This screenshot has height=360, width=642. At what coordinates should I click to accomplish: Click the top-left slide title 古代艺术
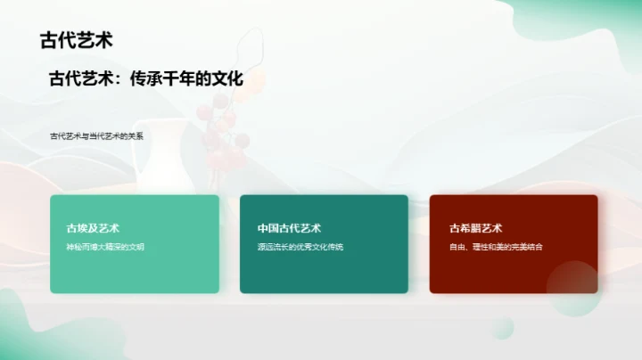pyautogui.click(x=76, y=40)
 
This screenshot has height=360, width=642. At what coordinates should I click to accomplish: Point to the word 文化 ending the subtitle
pyautogui.click(x=225, y=79)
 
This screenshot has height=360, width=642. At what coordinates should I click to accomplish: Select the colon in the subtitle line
pyautogui.click(x=122, y=80)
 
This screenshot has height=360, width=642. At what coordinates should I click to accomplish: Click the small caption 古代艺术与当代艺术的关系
pyautogui.click(x=97, y=136)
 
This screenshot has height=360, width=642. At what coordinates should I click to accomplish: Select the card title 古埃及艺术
pyautogui.click(x=93, y=228)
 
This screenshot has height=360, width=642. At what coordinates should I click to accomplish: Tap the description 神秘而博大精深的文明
pyautogui.click(x=105, y=247)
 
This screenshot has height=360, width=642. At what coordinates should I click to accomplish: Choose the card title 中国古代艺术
pyautogui.click(x=289, y=228)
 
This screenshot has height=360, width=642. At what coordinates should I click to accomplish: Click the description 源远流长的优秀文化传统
pyautogui.click(x=300, y=247)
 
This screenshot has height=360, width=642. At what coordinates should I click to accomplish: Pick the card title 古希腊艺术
pyautogui.click(x=475, y=228)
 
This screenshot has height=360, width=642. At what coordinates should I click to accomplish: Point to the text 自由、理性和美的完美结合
pyautogui.click(x=496, y=247)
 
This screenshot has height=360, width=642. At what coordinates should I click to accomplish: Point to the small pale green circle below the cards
pyautogui.click(x=502, y=324)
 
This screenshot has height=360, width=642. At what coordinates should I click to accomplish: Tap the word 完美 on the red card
pyautogui.click(x=516, y=247)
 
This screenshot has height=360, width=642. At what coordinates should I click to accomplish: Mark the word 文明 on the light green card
pyautogui.click(x=136, y=247)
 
